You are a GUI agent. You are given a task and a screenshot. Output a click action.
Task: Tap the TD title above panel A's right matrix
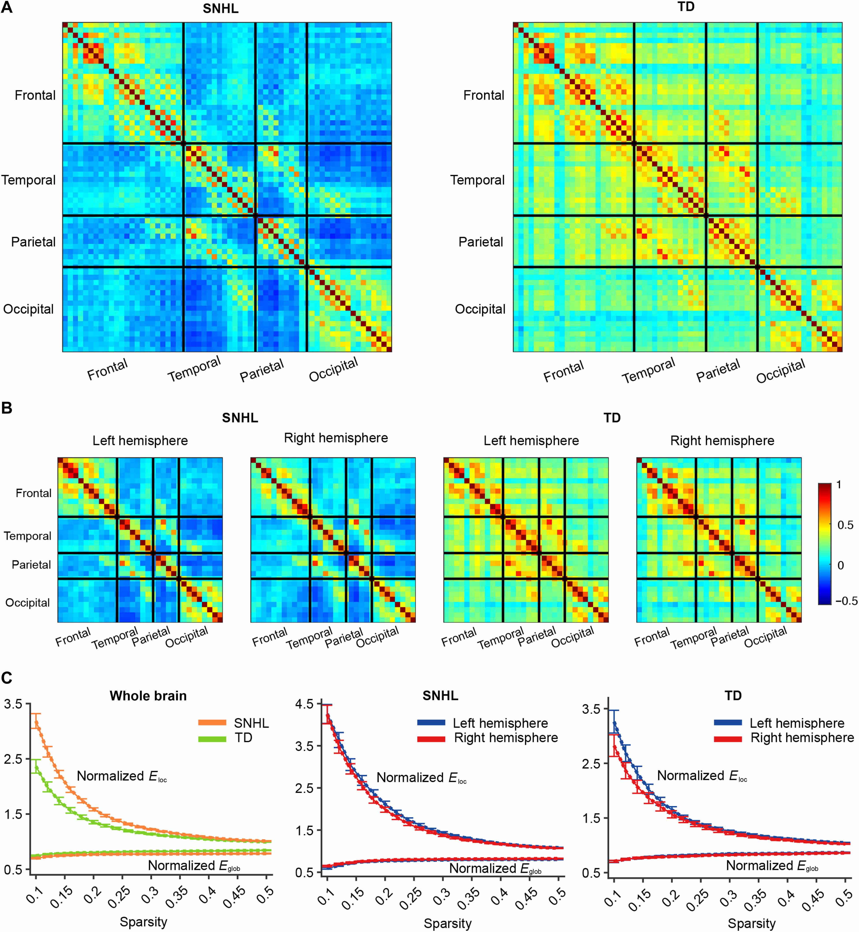tap(686, 7)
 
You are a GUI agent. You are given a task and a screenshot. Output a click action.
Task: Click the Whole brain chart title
tap(148, 696)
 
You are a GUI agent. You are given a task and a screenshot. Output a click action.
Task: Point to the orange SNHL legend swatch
tap(212, 723)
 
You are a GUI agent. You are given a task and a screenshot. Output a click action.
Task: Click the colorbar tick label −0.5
tap(846, 601)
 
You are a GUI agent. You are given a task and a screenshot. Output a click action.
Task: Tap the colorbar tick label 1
tap(839, 485)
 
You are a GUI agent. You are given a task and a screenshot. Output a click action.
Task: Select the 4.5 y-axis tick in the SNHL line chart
tap(304, 705)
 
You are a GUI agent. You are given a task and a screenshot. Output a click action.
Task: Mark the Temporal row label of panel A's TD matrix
tap(477, 180)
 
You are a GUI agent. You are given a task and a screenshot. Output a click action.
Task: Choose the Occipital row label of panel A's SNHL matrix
tap(28, 309)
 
